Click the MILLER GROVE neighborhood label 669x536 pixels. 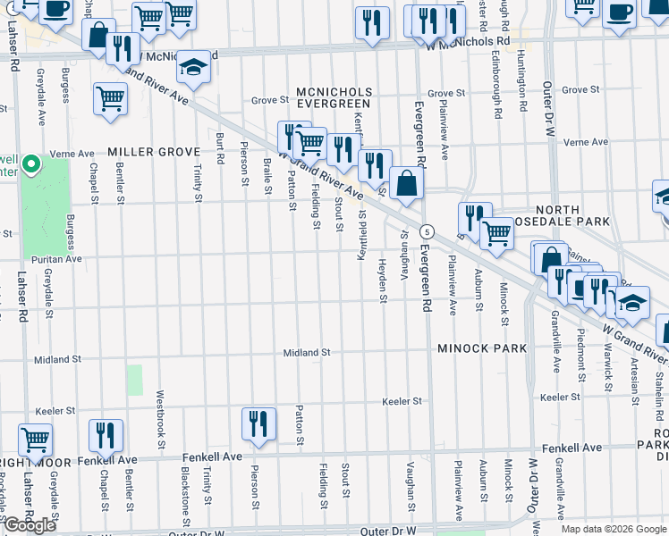[154, 152]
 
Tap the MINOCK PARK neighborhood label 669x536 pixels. [482, 348]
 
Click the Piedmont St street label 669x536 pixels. [582, 358]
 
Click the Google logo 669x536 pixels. [30, 525]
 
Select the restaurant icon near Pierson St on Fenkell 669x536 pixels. [258, 423]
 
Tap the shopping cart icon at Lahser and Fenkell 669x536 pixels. [36, 439]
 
